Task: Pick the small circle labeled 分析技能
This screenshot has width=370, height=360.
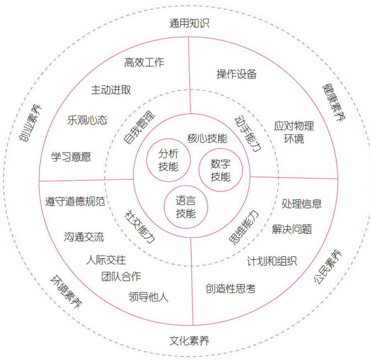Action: (x=168, y=160)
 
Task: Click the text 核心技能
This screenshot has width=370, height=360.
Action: (x=207, y=138)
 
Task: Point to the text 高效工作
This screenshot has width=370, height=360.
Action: (x=144, y=62)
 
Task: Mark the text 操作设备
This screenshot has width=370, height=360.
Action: (x=237, y=74)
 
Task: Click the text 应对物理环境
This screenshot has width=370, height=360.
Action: (x=294, y=132)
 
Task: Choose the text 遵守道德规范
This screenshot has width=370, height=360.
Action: (x=75, y=201)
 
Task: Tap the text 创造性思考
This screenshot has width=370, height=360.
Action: (x=231, y=288)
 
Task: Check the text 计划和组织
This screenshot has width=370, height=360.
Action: (x=272, y=261)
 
